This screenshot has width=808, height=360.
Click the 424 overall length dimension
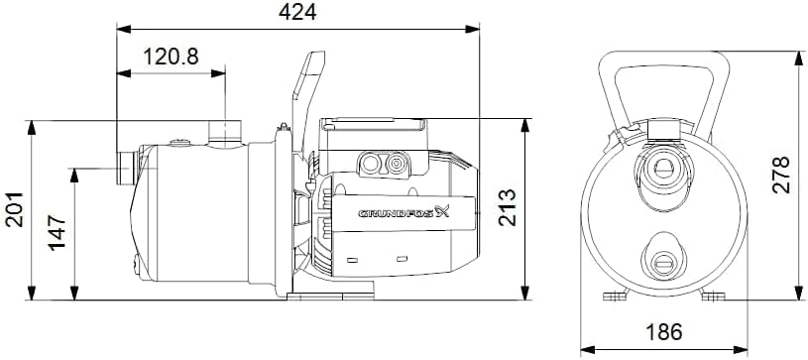[298, 14]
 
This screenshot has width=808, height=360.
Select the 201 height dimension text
[15, 210]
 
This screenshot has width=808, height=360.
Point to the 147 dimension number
[58, 232]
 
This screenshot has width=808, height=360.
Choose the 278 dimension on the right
[782, 175]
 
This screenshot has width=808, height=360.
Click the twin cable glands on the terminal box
[386, 162]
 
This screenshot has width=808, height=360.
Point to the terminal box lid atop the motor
[373, 125]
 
